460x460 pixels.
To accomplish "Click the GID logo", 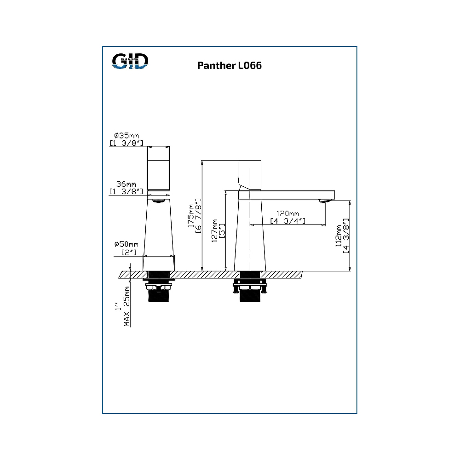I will [x=131, y=61].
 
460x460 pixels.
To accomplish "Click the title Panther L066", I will [x=230, y=65].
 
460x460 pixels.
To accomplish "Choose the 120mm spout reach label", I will [x=287, y=214].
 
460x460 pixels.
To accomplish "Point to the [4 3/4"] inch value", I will [x=287, y=221].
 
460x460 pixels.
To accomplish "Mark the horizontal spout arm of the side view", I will [x=290, y=195].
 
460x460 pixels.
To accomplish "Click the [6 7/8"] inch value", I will [x=199, y=216].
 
